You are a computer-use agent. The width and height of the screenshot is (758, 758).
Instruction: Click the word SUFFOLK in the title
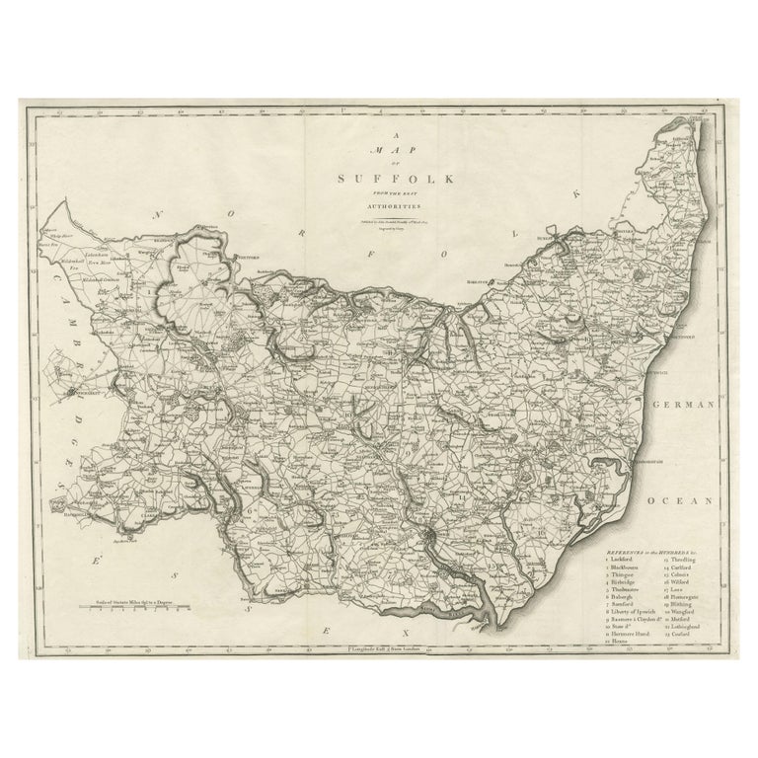click(379, 180)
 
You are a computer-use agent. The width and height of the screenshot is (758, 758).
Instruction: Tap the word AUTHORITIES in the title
click(379, 208)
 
